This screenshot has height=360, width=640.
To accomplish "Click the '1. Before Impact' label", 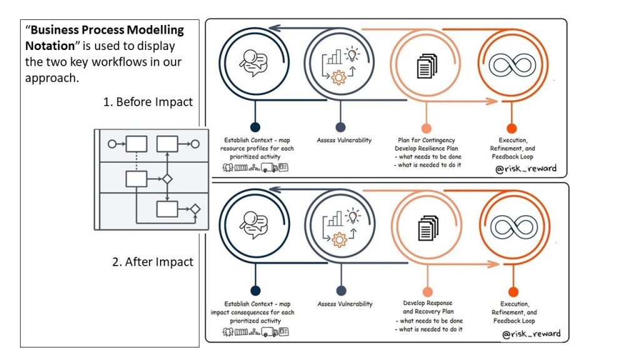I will pos(149,102).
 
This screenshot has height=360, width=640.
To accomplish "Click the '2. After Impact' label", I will pos(152,262).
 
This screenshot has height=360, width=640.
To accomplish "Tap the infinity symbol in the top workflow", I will pos(509,64).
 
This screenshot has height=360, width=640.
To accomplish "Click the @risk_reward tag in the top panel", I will pos(526,168).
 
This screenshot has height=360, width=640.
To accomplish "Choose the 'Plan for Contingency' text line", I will pos(426,140).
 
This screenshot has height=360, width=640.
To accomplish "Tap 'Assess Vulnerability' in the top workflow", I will pos(345,140).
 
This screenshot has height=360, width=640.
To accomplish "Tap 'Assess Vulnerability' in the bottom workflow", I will pos(345,304).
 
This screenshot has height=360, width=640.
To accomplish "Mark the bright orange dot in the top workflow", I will pos(512,127).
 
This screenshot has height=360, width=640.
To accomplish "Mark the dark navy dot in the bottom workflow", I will pos(255,291).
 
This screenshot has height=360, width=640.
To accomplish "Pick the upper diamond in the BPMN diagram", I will pos(167,179).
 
